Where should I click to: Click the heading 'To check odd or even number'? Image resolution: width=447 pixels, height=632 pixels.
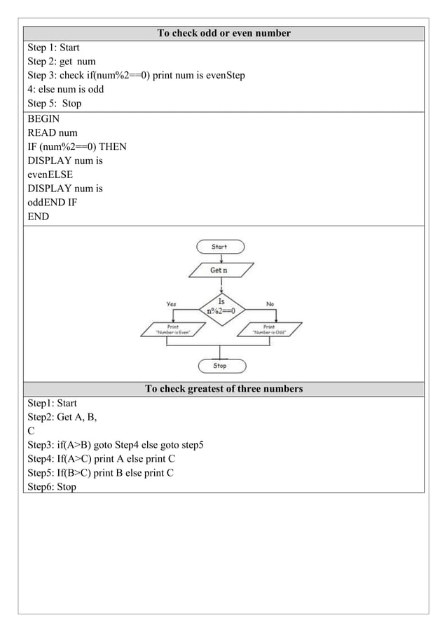224,33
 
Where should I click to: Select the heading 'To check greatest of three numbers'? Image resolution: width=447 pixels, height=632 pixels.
224,389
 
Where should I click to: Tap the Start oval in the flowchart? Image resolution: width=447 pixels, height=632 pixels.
219,247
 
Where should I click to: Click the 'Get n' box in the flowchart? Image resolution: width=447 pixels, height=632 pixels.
219,270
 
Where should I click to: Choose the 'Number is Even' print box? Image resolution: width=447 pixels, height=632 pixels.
172,329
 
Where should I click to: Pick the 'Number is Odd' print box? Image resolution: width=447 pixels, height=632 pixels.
269,329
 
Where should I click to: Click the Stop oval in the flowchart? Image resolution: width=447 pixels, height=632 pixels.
219,366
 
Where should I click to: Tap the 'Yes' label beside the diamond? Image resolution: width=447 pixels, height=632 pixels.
171,304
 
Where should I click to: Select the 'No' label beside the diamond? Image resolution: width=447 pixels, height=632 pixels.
270,304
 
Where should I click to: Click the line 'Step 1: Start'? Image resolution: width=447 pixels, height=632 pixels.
53,48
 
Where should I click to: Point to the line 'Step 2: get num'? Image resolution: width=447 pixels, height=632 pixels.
62,62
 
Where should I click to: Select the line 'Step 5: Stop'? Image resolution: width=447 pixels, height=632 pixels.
55,104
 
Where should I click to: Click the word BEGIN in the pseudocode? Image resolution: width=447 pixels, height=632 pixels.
43,119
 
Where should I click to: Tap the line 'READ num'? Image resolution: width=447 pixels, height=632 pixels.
53,133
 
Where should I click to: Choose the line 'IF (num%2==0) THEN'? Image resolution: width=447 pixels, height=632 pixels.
77,147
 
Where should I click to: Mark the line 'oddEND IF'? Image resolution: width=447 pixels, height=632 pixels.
53,203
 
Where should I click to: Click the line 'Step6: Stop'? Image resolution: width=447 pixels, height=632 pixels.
52,487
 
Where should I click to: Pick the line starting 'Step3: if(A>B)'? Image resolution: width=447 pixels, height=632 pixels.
116,445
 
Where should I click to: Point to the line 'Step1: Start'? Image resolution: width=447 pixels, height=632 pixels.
52,404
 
